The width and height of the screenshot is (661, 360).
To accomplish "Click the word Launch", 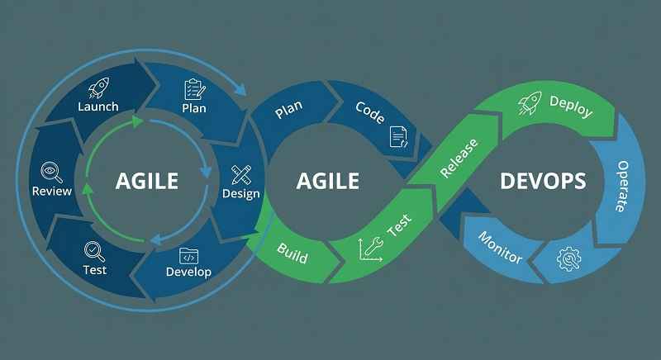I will [x=98, y=107].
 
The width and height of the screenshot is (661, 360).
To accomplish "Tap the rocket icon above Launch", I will [x=98, y=88].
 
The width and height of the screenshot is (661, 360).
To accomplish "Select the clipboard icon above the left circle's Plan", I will [x=194, y=88].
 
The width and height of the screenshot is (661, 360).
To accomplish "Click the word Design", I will [x=240, y=194].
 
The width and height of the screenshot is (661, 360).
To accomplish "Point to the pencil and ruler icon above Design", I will [x=241, y=174].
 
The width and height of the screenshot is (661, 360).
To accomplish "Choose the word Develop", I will [x=188, y=272].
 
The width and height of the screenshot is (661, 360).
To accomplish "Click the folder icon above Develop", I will [x=188, y=254].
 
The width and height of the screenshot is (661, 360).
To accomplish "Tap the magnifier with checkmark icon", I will [x=94, y=249].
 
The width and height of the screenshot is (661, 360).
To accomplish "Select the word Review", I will [x=51, y=191].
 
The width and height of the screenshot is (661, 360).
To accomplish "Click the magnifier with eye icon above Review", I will [x=51, y=172].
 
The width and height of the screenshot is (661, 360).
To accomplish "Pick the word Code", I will [x=369, y=112].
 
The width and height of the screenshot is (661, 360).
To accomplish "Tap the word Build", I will [x=292, y=253].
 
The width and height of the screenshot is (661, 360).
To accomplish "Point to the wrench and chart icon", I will [x=370, y=250].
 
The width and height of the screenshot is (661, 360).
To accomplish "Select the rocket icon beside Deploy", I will [x=529, y=104].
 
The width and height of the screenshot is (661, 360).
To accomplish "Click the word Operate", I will [x=622, y=187].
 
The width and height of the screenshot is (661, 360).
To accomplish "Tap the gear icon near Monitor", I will [x=568, y=259].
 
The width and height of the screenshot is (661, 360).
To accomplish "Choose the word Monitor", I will [x=501, y=246].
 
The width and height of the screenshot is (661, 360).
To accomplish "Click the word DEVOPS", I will [x=543, y=180].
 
